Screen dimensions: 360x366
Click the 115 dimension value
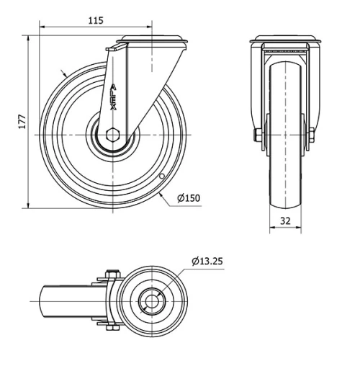pyautogui.click(x=96, y=21)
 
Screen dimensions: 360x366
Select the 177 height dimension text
pyautogui.click(x=22, y=122)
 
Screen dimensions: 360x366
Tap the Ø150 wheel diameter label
pyautogui.click(x=189, y=198)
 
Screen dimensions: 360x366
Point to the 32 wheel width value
pyautogui.click(x=285, y=220)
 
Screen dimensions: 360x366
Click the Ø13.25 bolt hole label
pyautogui.click(x=207, y=261)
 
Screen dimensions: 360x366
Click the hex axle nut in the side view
pyautogui.click(x=112, y=135)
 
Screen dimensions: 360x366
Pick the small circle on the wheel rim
pyautogui.click(x=162, y=177)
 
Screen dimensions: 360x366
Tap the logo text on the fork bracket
pyautogui.click(x=113, y=97)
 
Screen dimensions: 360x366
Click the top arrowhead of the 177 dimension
pyautogui.click(x=28, y=39)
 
